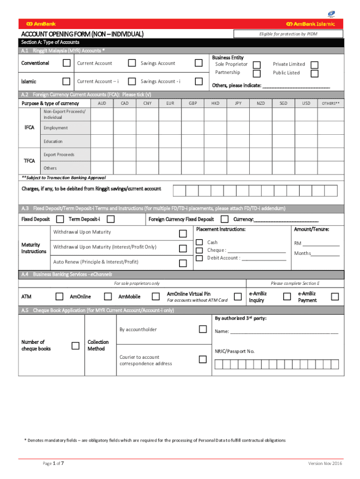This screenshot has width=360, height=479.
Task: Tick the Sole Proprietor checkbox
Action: [257, 65]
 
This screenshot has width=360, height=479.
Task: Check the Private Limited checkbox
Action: [315, 65]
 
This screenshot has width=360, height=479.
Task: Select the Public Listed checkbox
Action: [315, 73]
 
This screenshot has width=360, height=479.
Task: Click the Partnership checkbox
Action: [257, 73]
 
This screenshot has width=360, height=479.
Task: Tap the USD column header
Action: [306, 103]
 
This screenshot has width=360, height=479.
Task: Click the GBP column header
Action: [193, 103]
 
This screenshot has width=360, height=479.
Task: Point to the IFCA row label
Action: [29, 127]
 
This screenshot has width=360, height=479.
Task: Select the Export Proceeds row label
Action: [59, 154]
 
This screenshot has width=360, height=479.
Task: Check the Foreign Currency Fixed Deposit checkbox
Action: [224, 219]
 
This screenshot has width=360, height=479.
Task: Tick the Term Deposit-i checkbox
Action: [110, 219]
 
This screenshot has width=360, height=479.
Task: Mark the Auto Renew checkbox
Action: [183, 262]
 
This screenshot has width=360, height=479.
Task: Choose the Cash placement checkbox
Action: [199, 242]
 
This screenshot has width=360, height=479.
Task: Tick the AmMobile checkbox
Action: [156, 296]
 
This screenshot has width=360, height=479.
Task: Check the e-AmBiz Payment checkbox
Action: [335, 296]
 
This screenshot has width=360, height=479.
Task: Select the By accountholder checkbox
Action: [202, 329]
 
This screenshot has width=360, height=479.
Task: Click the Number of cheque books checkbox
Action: [75, 346]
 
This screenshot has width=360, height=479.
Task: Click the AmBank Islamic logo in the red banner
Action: [310, 24]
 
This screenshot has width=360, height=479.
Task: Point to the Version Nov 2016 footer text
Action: [325, 463]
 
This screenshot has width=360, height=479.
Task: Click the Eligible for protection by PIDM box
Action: [288, 34]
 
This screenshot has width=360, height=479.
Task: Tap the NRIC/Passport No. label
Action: [235, 351]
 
